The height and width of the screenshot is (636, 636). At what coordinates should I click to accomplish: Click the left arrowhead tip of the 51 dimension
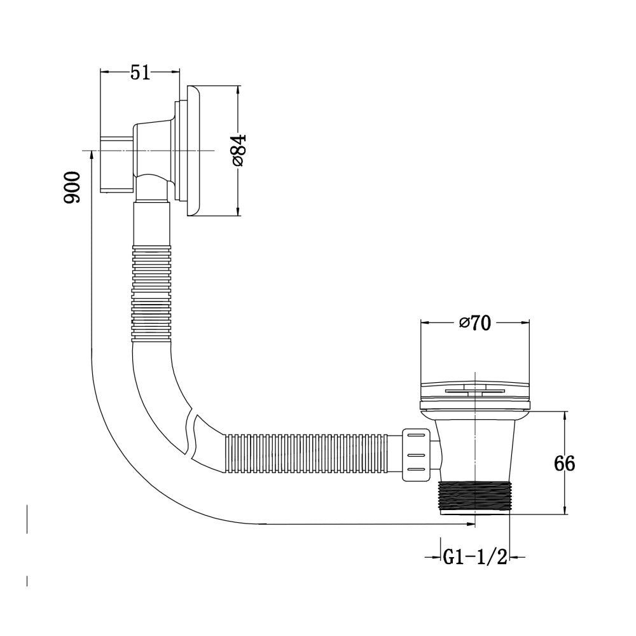pos(100,72)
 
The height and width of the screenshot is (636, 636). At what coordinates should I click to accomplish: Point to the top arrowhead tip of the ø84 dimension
pos(238,86)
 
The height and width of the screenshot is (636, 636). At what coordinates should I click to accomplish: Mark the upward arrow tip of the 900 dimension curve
pos(92,150)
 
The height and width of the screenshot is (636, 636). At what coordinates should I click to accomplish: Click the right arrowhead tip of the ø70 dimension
pos(529,322)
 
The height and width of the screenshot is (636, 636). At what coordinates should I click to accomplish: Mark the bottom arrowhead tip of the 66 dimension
pos(565,515)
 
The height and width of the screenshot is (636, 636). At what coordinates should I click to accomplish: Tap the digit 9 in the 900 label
pos(73,197)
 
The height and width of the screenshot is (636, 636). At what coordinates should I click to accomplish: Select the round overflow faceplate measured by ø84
pos(193,151)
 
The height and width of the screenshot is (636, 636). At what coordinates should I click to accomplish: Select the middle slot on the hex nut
pos(416,455)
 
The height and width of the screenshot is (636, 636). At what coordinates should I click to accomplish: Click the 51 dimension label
pos(140,73)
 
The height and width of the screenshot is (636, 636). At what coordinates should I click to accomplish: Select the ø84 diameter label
pos(238,151)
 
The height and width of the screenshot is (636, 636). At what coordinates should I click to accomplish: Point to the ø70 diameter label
pos(475,323)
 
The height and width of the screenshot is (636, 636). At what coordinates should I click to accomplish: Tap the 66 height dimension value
pos(565,463)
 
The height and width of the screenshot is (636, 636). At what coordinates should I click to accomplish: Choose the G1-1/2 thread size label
pos(475,557)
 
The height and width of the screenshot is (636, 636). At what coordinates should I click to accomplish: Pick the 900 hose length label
pos(73,187)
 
